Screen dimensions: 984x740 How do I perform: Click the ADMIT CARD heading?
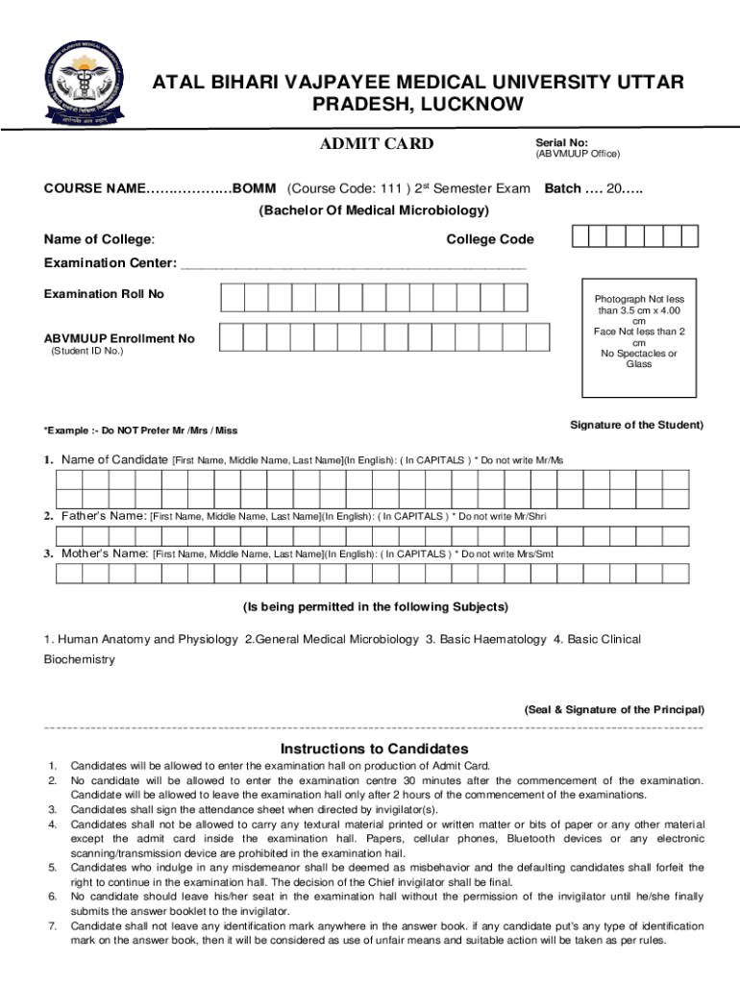pos(376,144)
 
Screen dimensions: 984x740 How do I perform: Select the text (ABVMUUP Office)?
pos(578,154)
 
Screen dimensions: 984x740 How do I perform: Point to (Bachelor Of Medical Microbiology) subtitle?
pos(375,210)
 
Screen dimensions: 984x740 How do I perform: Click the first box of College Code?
pos(580,237)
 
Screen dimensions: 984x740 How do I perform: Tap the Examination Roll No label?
pos(104,294)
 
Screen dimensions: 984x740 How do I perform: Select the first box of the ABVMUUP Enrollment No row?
pos(232,336)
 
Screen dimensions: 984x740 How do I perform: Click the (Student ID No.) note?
pos(86,351)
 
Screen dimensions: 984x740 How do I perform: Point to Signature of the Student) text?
pos(636,425)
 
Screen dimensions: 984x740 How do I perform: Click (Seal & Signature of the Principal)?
pos(613,709)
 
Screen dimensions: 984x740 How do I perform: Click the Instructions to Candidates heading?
pos(374,749)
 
